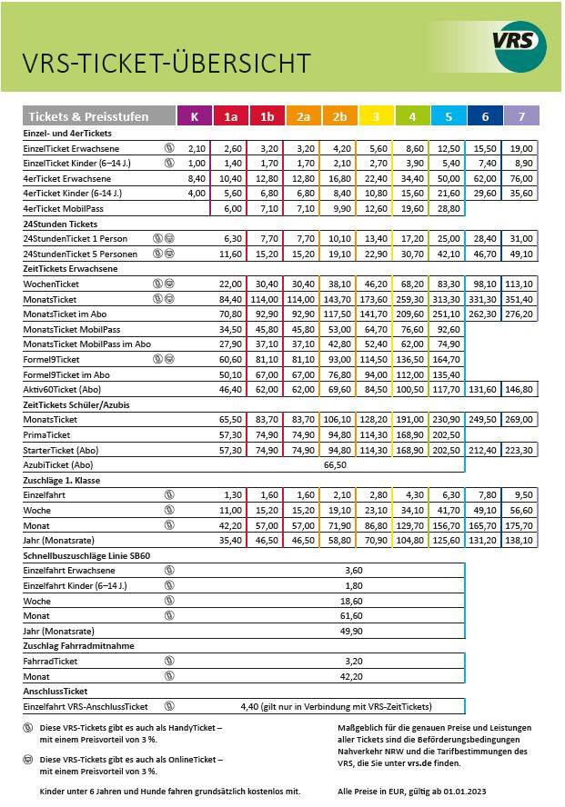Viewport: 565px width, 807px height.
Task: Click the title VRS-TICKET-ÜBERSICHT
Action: pyautogui.click(x=166, y=63)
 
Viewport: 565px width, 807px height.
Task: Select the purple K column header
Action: pyautogui.click(x=194, y=116)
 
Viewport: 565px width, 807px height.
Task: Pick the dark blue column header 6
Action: pyautogui.click(x=484, y=116)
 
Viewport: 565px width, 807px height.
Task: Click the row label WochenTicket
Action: pyautogui.click(x=54, y=284)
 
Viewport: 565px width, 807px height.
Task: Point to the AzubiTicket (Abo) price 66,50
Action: pyautogui.click(x=336, y=463)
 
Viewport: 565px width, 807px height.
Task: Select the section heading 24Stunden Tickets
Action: pyautogui.click(x=60, y=223)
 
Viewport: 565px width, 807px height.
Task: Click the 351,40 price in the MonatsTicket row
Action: pyautogui.click(x=520, y=298)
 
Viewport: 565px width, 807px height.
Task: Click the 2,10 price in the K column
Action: pyautogui.click(x=197, y=148)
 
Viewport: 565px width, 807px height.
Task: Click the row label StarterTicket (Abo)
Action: pyautogui.click(x=60, y=449)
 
